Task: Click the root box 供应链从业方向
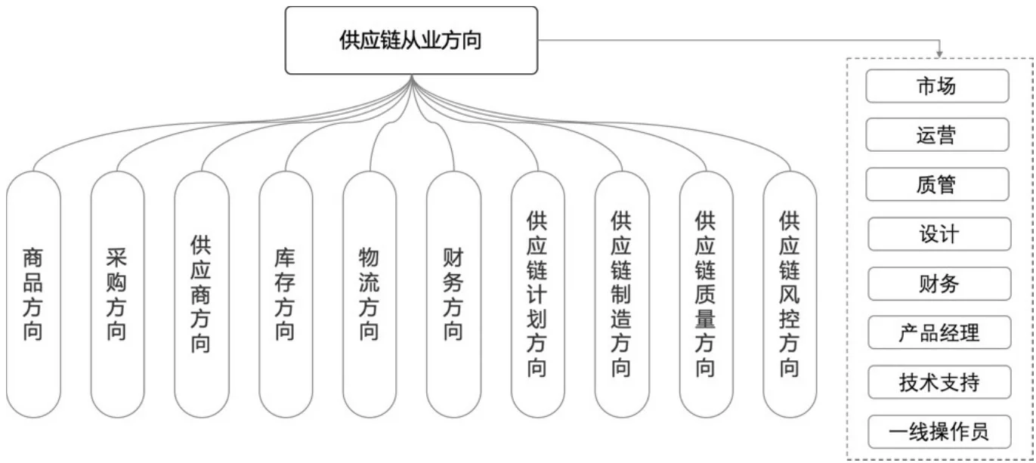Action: (x=411, y=40)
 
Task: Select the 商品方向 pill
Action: (x=33, y=295)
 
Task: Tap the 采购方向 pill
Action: (x=117, y=295)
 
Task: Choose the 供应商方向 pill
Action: (x=201, y=295)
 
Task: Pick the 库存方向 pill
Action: (x=286, y=295)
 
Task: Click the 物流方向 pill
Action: (x=370, y=295)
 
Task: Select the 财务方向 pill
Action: (x=453, y=295)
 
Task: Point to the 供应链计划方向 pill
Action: (x=537, y=295)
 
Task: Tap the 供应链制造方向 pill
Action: (x=622, y=295)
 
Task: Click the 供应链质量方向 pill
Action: (x=706, y=295)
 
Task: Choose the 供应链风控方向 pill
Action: (x=790, y=295)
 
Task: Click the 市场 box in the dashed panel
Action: (x=937, y=86)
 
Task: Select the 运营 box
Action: (x=937, y=135)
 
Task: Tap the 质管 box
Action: (x=937, y=184)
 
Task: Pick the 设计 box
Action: (x=937, y=234)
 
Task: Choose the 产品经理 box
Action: (x=937, y=332)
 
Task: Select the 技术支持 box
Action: (x=937, y=382)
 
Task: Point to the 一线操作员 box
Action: (x=937, y=431)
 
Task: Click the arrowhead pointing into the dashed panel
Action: (x=940, y=54)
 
